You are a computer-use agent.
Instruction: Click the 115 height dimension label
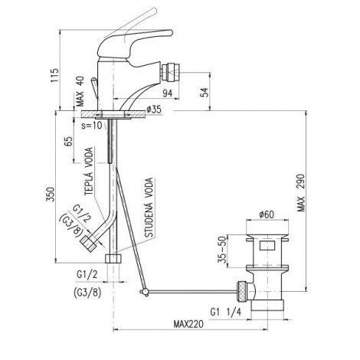54,75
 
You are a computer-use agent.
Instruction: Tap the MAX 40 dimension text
80,91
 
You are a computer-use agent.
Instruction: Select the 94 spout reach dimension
168,93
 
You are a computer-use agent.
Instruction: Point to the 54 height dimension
205,92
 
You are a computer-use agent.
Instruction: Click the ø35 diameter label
154,110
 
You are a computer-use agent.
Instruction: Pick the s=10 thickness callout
92,125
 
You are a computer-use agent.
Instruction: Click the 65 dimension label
68,141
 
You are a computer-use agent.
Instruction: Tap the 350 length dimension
51,195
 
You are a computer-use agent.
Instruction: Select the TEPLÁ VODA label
89,172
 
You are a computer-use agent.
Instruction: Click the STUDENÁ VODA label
149,208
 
